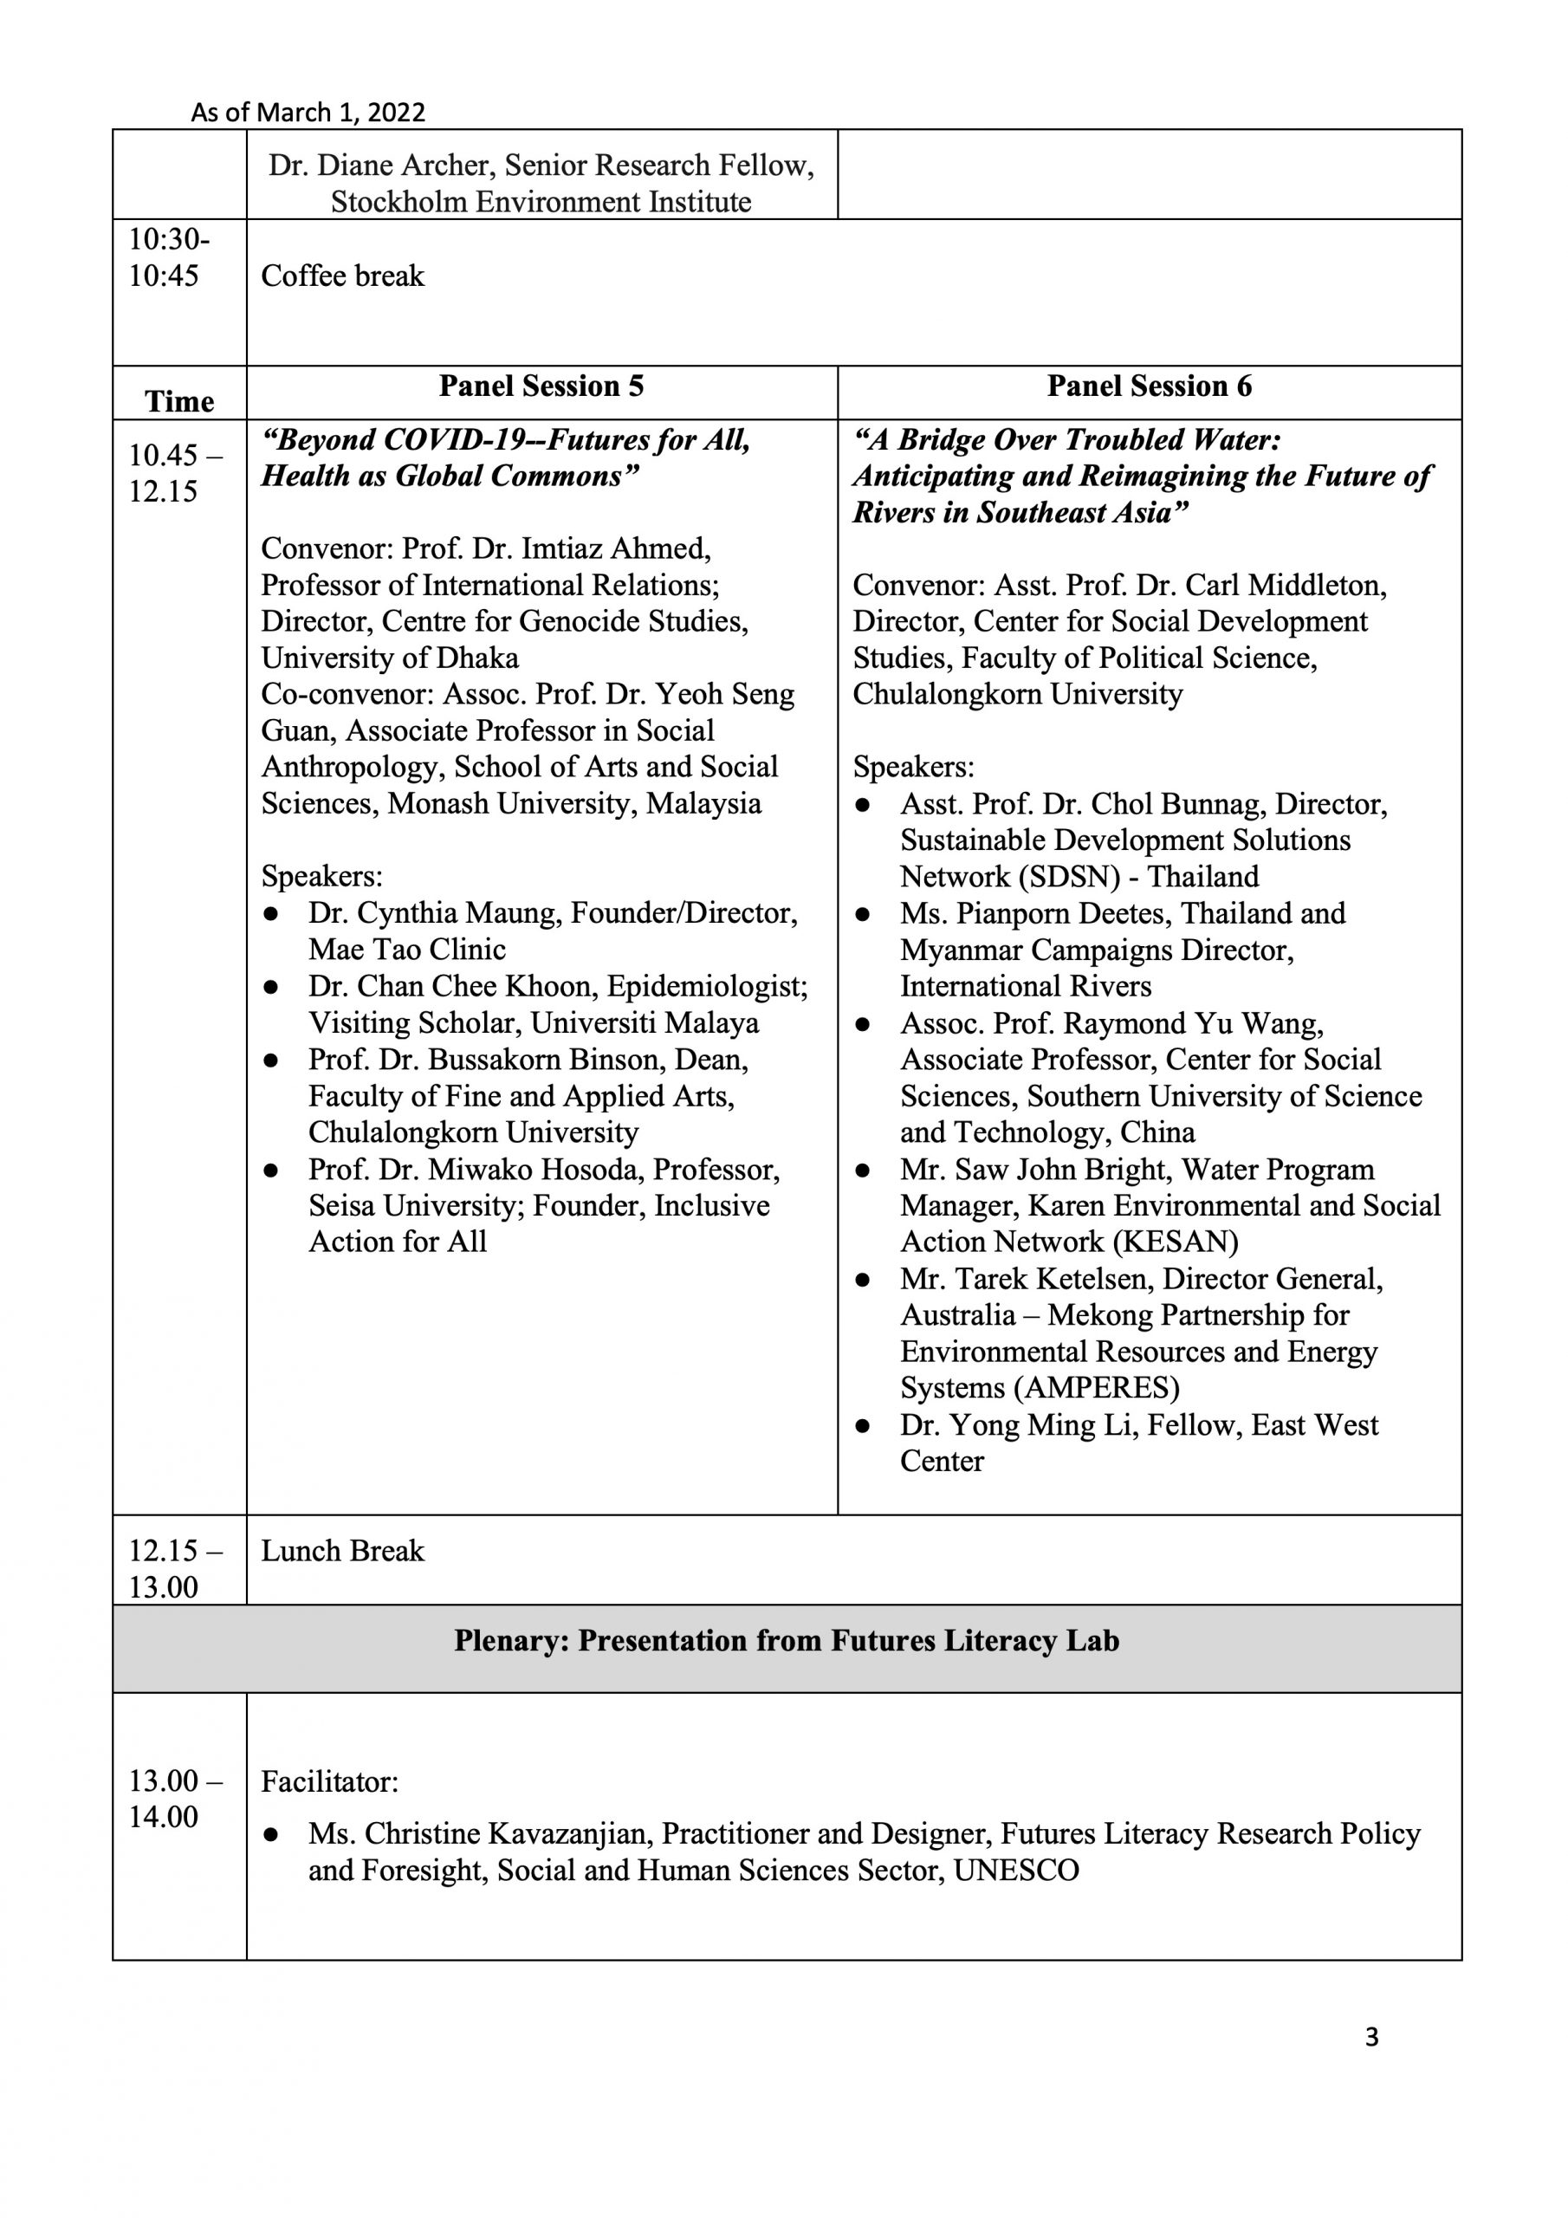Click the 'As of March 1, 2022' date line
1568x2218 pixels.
pos(308,112)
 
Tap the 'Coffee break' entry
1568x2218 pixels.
pos(342,276)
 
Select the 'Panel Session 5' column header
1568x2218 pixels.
pos(541,386)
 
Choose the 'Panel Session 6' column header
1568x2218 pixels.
pos(1149,386)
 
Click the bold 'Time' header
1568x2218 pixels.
pos(179,401)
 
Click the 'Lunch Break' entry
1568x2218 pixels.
pos(342,1552)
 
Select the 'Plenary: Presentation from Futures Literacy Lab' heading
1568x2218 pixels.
pos(787,1641)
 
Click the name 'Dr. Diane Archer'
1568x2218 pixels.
pos(380,165)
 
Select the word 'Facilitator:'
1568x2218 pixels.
pos(329,1782)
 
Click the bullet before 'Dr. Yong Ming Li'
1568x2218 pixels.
pos(863,1426)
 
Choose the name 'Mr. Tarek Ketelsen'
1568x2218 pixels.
pos(1026,1279)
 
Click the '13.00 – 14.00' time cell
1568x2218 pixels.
pos(175,1799)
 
